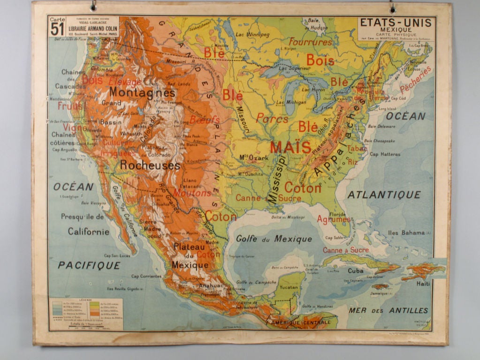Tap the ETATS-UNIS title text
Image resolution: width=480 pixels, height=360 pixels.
click(x=396, y=22)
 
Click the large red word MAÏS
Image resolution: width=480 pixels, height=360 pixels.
click(x=290, y=147)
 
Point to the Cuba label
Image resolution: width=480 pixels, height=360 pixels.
click(x=356, y=270)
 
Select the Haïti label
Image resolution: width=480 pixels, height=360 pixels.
click(x=423, y=284)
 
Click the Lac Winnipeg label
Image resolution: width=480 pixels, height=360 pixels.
click(x=253, y=35)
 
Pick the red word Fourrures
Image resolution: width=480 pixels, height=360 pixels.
click(x=310, y=42)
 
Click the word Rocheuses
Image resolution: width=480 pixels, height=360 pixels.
click(x=150, y=165)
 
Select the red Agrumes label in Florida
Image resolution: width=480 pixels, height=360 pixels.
click(x=333, y=219)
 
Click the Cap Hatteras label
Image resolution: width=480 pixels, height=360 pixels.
click(x=385, y=154)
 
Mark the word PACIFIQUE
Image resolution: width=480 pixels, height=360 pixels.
click(x=89, y=265)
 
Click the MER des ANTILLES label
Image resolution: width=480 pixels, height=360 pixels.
click(x=388, y=310)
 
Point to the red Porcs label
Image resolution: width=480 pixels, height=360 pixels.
click(x=272, y=119)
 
